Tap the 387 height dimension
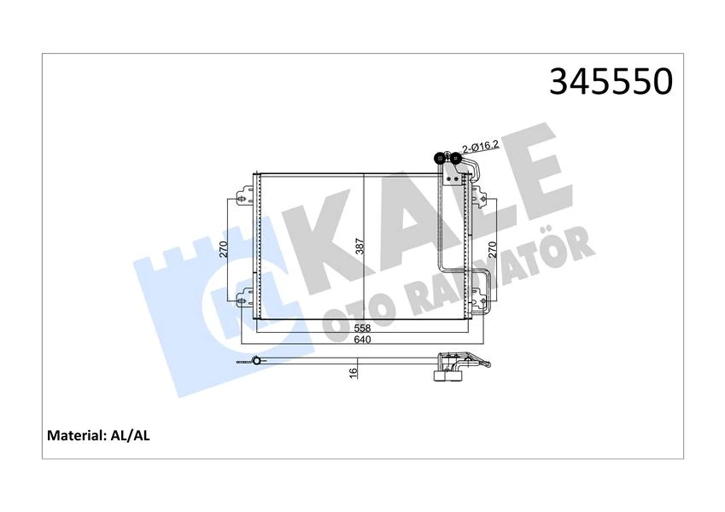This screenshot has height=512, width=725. click(x=360, y=248)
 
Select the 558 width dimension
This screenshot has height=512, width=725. click(x=362, y=328)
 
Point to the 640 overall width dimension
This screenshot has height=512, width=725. click(x=362, y=340)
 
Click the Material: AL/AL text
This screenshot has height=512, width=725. click(x=99, y=435)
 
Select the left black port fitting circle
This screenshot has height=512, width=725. click(x=440, y=158)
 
